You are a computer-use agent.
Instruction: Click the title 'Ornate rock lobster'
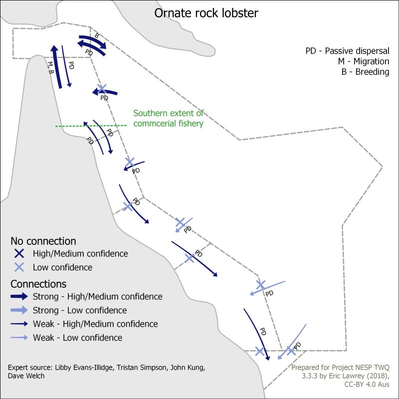(206, 13)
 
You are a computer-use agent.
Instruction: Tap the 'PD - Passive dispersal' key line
(347, 51)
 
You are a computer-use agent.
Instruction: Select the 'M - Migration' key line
(364, 61)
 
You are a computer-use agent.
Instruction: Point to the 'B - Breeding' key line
(365, 72)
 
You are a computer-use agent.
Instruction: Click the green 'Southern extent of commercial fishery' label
(169, 118)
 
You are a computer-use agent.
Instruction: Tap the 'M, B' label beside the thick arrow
(51, 68)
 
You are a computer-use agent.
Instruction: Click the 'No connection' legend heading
(43, 241)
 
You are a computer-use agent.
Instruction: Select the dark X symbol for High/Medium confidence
(19, 253)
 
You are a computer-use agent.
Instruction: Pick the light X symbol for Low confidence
(19, 267)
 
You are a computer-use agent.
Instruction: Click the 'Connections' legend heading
(38, 284)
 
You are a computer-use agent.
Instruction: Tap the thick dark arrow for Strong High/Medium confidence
(19, 296)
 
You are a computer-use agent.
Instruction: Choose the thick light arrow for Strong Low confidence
(19, 310)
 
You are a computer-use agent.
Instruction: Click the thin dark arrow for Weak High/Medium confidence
(19, 324)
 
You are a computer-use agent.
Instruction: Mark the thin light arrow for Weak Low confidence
(19, 338)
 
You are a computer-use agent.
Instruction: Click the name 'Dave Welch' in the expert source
(26, 376)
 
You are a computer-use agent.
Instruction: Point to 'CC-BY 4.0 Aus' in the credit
(367, 384)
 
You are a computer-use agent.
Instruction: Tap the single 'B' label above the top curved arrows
(97, 35)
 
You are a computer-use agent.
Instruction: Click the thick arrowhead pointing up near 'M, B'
(54, 48)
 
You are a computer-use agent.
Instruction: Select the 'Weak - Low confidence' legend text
(78, 338)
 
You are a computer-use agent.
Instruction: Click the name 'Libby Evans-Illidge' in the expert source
(83, 368)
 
